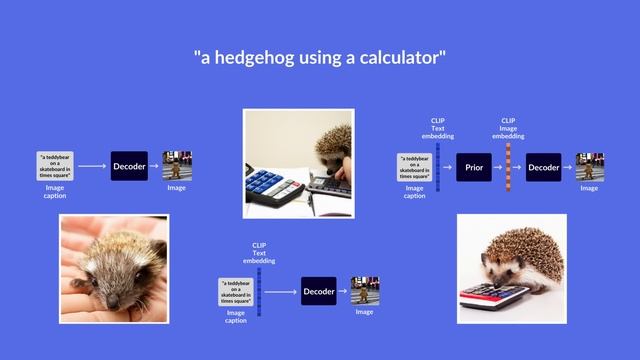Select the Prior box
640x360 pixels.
coord(474,167)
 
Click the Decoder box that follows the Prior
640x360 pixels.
coord(543,167)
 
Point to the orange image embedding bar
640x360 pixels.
coord(508,166)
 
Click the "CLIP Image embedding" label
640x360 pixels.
coord(508,128)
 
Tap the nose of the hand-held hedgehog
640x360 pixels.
coord(111,300)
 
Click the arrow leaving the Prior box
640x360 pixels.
coord(497,167)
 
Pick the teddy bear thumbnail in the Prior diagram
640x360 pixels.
coord(589,166)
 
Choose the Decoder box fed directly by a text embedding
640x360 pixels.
coord(318,291)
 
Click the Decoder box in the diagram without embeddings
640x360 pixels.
coord(129,166)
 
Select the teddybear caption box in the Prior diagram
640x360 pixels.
coord(414,166)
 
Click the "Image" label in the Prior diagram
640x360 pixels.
coord(589,188)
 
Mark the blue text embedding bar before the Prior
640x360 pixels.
coord(438,166)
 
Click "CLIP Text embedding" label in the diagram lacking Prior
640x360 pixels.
coord(259,252)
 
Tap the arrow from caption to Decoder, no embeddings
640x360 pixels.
coord(92,166)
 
